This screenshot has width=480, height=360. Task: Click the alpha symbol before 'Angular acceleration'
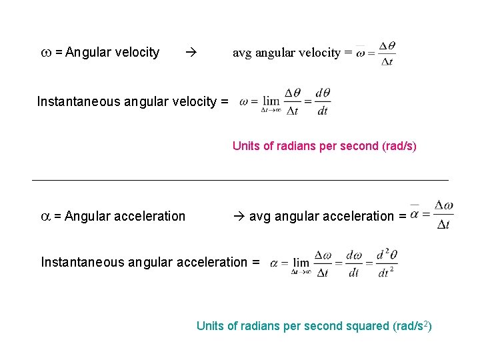45,216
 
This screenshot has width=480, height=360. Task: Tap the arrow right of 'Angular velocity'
189,52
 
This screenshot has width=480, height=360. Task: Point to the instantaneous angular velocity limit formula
285,101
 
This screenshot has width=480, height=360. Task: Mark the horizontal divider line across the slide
240,180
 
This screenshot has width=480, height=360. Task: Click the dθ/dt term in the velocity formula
323,101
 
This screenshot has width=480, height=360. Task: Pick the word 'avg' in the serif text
242,53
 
